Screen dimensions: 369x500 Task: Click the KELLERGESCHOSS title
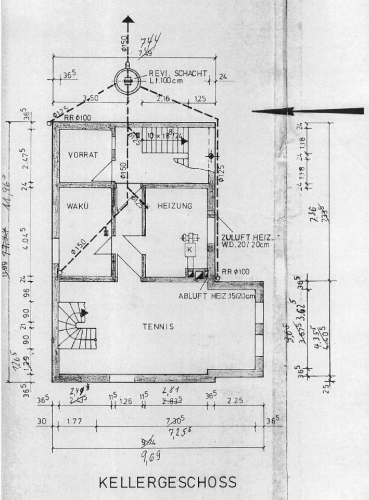(167, 482)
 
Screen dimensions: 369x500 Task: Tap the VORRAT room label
(83, 154)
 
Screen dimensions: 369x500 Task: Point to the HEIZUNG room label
(175, 206)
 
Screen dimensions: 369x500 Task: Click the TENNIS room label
(158, 327)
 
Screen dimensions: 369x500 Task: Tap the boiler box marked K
(190, 250)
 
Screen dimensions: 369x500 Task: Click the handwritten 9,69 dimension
(149, 457)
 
